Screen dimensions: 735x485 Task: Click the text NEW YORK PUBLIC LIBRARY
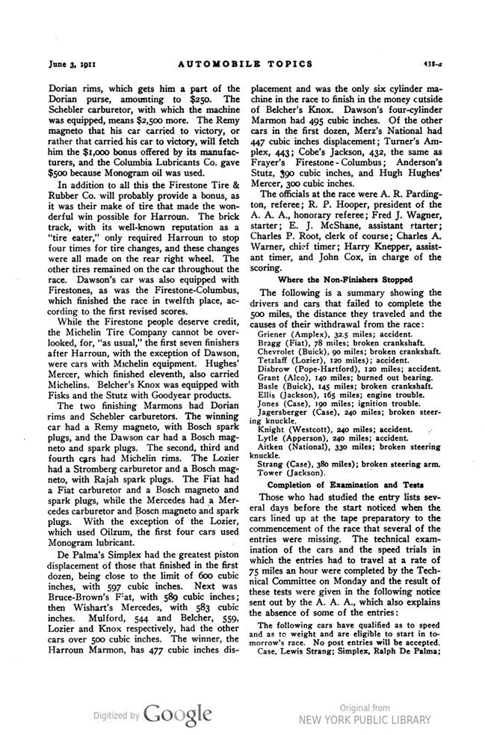(365, 720)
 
